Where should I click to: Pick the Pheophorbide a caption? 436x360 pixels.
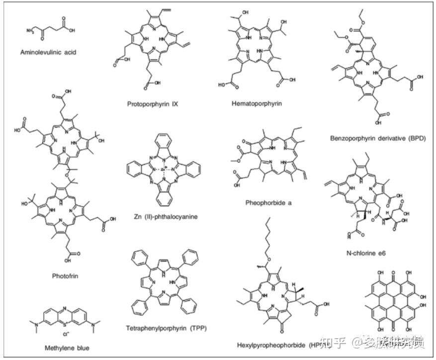click(x=267, y=203)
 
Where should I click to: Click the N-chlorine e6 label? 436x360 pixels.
click(x=366, y=253)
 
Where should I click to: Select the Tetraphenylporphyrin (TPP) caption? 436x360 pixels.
click(x=167, y=328)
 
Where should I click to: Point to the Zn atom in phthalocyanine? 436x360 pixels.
click(x=162, y=169)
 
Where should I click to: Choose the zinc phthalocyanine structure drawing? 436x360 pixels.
click(x=162, y=169)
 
